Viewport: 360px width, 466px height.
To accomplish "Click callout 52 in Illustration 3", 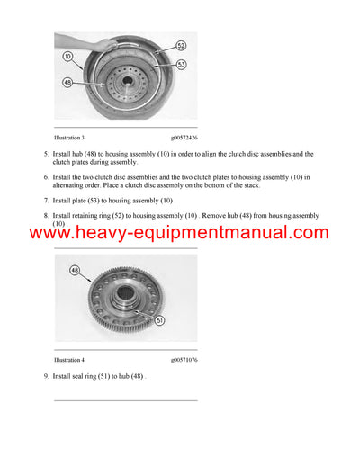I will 181,45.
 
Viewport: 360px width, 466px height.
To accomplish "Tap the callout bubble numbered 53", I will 181,64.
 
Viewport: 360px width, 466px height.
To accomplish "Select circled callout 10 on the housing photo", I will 67,56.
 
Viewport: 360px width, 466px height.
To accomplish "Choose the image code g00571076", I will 184,359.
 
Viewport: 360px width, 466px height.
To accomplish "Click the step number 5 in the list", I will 46,155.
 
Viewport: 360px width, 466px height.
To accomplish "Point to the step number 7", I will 46,201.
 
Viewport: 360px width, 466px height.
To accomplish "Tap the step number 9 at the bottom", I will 46,374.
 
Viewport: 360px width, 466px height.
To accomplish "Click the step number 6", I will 46,178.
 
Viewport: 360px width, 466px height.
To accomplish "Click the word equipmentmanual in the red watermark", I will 233,234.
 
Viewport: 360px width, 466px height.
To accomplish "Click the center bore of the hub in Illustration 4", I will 127,296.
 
